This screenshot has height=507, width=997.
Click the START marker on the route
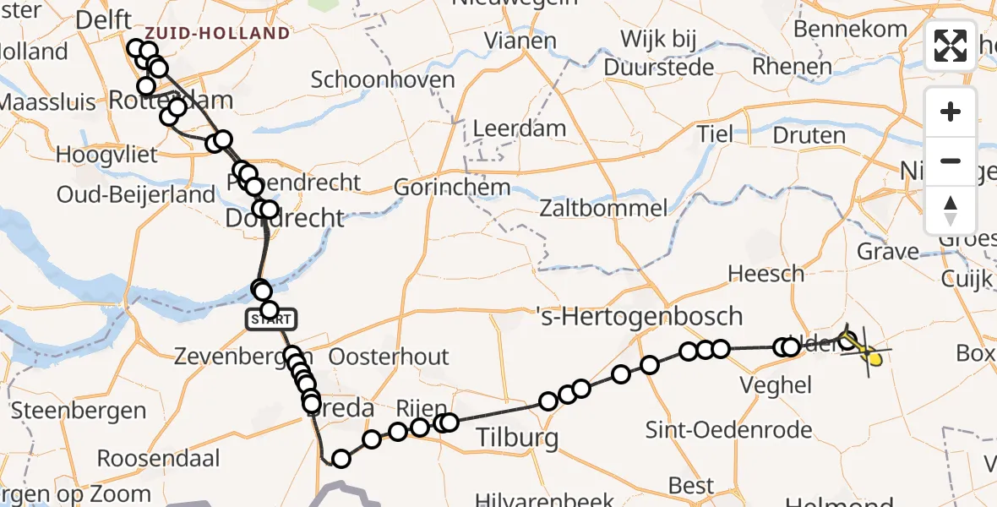[271, 319]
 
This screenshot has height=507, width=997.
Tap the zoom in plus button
[951, 112]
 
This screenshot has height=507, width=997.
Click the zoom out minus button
[951, 161]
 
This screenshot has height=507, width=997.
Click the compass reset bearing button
[951, 210]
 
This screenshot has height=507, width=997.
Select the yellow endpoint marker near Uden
[874, 360]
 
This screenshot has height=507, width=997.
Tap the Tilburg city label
[518, 438]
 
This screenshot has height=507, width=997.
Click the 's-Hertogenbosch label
[640, 317]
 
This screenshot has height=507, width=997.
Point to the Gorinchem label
[452, 187]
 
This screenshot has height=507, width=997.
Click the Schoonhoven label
[383, 80]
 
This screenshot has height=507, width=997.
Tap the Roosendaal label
[158, 459]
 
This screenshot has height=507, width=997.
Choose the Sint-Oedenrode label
[728, 429]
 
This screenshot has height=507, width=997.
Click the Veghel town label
[775, 385]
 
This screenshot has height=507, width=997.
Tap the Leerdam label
[520, 129]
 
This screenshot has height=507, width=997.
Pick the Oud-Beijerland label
[135, 194]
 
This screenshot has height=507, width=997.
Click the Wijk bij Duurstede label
[667, 52]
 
